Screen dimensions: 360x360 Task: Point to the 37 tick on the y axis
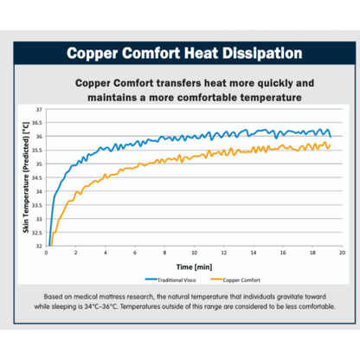[x=38, y=110]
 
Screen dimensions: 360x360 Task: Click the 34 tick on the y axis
[x=38, y=191]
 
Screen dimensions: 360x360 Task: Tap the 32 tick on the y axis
[x=38, y=246]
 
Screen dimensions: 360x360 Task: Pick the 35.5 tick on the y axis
[x=37, y=151]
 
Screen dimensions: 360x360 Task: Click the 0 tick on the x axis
[x=46, y=254]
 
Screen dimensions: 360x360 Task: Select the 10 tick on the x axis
[x=194, y=254]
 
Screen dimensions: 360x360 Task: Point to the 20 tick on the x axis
[x=342, y=254]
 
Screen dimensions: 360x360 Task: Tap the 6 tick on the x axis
[x=135, y=254]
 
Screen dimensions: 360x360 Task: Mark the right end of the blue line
[x=331, y=136]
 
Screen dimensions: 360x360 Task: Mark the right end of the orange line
[x=331, y=145]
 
